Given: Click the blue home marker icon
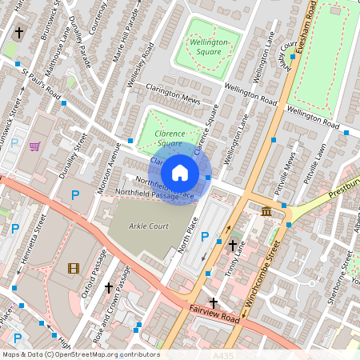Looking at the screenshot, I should click(180, 172).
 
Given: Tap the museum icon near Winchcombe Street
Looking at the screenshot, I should click(266, 210).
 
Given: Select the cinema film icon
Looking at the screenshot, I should click(74, 268).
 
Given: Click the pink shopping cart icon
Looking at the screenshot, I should click(34, 146).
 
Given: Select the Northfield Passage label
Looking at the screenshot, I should click(146, 194).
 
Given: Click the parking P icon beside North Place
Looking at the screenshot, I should click(204, 238).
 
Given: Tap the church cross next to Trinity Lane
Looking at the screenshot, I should click(233, 245).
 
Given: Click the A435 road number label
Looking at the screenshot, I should click(226, 354).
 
